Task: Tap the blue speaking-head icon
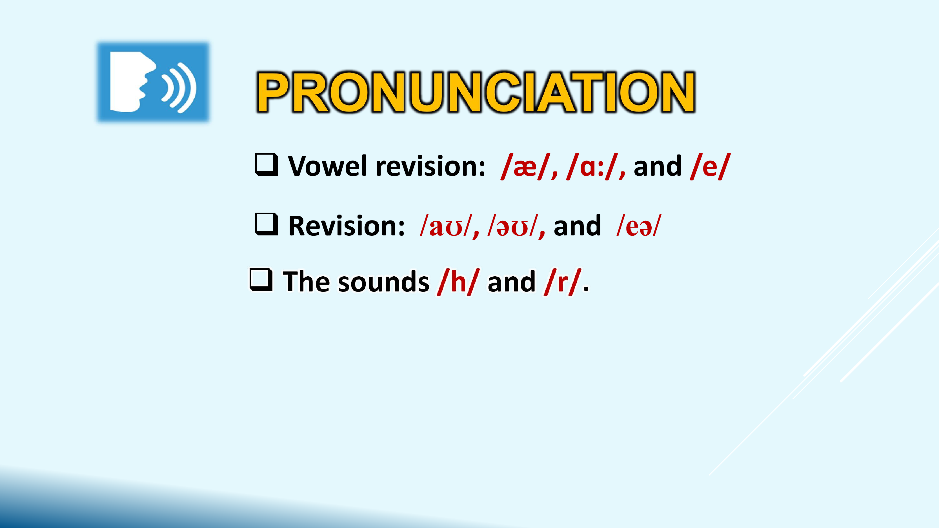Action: click(153, 82)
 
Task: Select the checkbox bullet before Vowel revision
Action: click(267, 165)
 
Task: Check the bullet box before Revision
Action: click(267, 224)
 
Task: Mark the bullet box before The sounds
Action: click(261, 280)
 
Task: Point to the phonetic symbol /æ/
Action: click(525, 166)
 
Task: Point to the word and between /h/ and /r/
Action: click(511, 282)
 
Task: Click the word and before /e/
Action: click(658, 166)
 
